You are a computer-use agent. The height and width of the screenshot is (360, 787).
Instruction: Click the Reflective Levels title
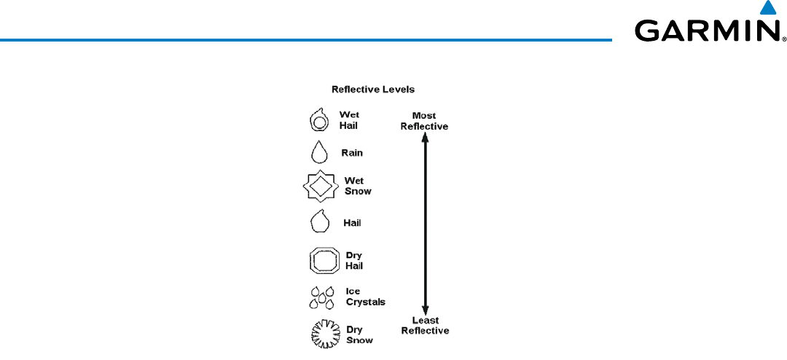pyautogui.click(x=373, y=90)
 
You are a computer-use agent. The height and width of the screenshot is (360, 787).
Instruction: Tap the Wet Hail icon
pyautogui.click(x=318, y=120)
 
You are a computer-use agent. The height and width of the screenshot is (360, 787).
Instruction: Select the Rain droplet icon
pyautogui.click(x=318, y=152)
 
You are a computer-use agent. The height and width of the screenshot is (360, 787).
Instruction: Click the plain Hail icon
pyautogui.click(x=319, y=220)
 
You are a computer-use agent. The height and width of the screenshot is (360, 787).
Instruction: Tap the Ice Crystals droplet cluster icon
pyautogui.click(x=321, y=297)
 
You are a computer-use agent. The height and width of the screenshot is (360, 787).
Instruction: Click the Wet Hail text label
pyautogui.click(x=349, y=120)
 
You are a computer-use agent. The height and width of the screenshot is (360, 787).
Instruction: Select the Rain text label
pyautogui.click(x=352, y=153)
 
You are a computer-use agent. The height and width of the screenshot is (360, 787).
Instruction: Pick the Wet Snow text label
pyautogui.click(x=357, y=186)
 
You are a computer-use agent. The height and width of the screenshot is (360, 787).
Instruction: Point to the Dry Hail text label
pyautogui.click(x=354, y=260)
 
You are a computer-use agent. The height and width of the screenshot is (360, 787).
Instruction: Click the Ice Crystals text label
pyautogui.click(x=365, y=297)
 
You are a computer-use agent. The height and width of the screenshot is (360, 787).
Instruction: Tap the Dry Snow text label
pyautogui.click(x=359, y=334)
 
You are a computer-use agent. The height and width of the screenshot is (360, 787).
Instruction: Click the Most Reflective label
pyautogui.click(x=424, y=120)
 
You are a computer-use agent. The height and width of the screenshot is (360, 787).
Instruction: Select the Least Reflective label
pyautogui.click(x=425, y=325)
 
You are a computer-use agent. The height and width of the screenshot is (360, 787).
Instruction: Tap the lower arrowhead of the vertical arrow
pyautogui.click(x=425, y=309)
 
